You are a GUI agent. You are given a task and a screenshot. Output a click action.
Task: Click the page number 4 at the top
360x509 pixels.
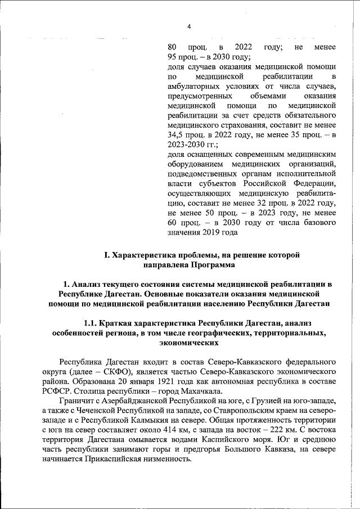(189, 26)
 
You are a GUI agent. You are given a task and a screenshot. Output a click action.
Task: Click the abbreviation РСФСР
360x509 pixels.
(64, 388)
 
